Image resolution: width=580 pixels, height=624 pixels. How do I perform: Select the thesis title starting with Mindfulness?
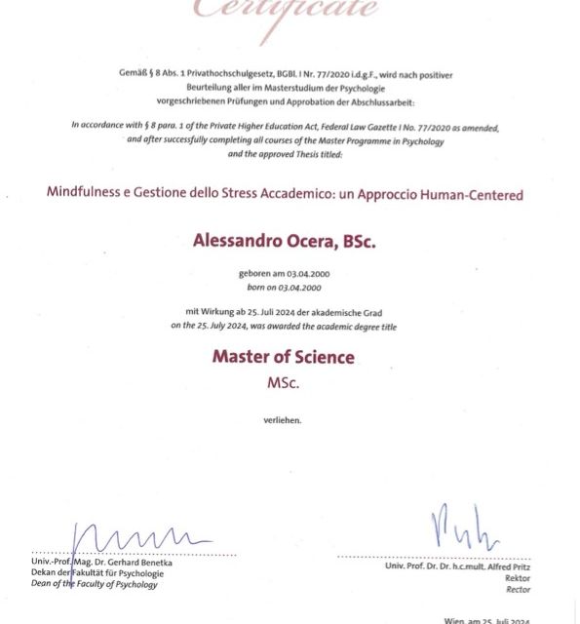(285, 194)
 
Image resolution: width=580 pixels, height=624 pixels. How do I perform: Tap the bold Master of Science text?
(284, 357)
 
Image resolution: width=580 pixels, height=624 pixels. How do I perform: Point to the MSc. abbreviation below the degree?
(284, 383)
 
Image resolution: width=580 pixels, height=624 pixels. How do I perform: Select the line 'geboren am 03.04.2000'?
(284, 274)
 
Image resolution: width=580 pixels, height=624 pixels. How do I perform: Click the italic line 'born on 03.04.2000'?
(284, 289)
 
